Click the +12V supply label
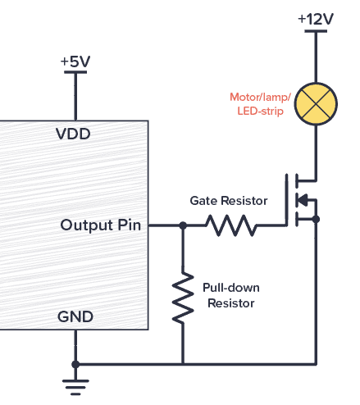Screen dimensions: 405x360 point(316,18)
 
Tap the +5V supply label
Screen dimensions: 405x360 point(75,61)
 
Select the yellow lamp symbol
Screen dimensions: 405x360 point(316,102)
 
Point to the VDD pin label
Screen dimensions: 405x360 point(73,133)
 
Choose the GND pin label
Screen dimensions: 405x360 point(75,316)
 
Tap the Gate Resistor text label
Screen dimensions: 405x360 point(229,200)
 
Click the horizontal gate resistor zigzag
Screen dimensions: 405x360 point(230,225)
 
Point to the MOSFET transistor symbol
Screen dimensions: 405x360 point(301,199)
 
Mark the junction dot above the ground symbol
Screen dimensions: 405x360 point(75,364)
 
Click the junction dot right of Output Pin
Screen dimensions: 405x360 point(182,225)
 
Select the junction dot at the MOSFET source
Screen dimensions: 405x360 point(316,219)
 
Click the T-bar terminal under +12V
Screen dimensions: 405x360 point(316,32)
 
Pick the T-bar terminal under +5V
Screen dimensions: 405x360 point(75,73)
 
